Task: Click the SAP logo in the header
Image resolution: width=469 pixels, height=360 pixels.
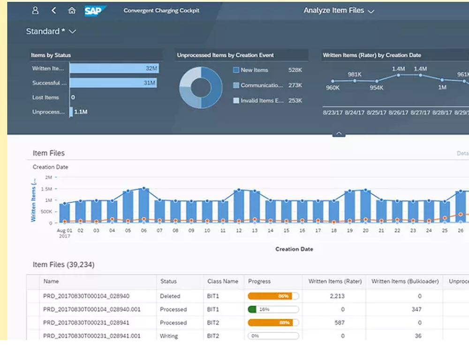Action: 95,11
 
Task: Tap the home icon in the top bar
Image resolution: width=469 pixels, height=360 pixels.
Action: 72,10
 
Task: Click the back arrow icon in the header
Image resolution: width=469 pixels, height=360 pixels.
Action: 54,10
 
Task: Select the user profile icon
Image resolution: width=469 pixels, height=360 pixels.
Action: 35,10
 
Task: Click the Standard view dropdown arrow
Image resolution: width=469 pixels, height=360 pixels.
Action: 72,31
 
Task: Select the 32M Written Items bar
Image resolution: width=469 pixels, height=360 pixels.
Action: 114,68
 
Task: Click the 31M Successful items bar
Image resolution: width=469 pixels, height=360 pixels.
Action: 113,83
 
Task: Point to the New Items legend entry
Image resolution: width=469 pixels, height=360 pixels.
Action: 254,70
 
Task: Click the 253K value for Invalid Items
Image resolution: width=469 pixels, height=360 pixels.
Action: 295,100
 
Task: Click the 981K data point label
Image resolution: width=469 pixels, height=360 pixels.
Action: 355,74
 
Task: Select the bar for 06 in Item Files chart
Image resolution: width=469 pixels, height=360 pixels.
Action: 144,206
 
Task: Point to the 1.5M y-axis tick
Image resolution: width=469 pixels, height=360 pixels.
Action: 46,188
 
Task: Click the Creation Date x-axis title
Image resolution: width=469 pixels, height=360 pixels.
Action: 294,249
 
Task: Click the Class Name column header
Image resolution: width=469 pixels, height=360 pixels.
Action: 223,281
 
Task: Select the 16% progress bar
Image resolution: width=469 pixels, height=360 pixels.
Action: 273,309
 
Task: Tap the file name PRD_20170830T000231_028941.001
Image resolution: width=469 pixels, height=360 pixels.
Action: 91,336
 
